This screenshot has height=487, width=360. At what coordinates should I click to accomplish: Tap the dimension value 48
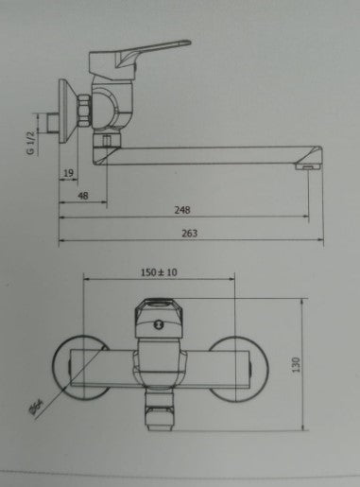(x=82, y=197)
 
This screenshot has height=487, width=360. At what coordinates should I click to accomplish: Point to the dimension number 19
(x=69, y=173)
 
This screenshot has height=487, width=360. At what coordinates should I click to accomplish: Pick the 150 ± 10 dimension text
(x=159, y=271)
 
